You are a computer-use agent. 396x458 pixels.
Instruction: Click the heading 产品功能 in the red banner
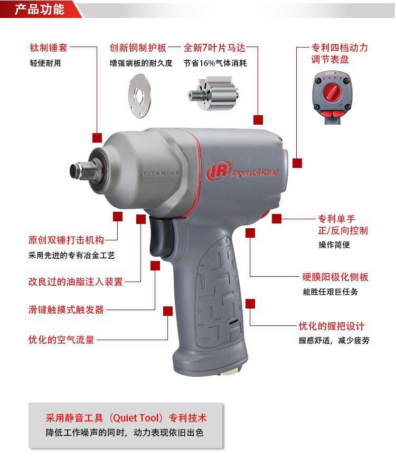click(40, 10)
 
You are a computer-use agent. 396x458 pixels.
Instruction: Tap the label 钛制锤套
click(49, 48)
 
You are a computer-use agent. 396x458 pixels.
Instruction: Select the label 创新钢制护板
click(138, 48)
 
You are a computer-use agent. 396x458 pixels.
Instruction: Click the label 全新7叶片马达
click(214, 48)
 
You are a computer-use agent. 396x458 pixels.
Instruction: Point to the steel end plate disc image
click(139, 96)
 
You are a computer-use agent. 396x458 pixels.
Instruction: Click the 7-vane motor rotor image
click(213, 94)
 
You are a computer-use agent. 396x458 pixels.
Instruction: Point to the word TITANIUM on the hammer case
click(162, 173)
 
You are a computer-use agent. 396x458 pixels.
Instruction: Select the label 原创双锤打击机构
click(67, 240)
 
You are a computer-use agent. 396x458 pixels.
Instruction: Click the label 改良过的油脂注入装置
click(76, 282)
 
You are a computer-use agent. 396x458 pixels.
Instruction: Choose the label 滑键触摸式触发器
click(67, 310)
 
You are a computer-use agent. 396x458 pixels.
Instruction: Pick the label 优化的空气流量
click(61, 340)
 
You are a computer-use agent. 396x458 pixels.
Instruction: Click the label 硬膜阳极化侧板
click(335, 277)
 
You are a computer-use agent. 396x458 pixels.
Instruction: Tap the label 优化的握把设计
click(332, 326)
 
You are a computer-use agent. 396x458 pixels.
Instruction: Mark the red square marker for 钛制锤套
click(97, 138)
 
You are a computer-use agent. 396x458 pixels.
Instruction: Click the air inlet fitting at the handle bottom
click(230, 371)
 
